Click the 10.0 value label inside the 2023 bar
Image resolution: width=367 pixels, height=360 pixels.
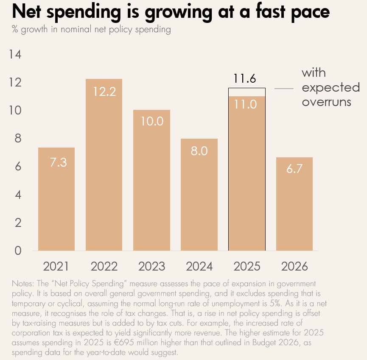[x=151, y=121]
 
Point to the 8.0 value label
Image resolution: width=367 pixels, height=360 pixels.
[x=199, y=151]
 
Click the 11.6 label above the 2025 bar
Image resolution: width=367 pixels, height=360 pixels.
[x=247, y=79]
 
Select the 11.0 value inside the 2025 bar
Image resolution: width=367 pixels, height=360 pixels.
[x=247, y=104]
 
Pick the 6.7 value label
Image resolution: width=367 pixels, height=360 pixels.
[x=294, y=169]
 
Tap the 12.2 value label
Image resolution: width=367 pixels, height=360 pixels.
[x=104, y=91]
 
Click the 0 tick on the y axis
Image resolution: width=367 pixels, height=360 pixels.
[x=17, y=251]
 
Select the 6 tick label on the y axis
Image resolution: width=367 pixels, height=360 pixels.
[x=17, y=167]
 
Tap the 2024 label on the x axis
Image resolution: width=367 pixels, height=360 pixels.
[x=199, y=266]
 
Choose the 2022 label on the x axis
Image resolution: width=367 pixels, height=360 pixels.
[x=104, y=266]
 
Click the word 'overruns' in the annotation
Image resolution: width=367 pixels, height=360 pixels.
[x=326, y=102]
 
